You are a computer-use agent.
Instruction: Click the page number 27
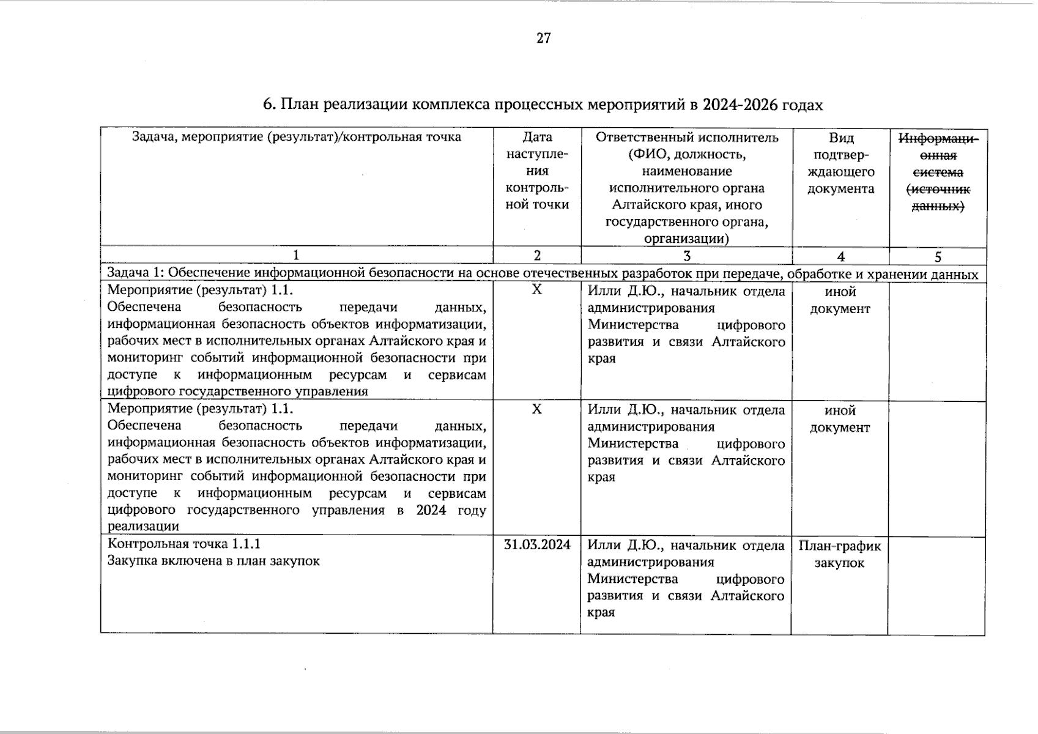tap(543, 39)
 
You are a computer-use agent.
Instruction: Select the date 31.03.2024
tap(536, 544)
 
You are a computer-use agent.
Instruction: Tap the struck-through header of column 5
tap(937, 172)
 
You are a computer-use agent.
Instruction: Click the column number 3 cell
tap(686, 256)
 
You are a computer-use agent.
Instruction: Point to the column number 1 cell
tap(297, 256)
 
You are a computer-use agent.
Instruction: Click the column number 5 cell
tap(938, 257)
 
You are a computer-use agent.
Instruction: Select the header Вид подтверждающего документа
tap(840, 163)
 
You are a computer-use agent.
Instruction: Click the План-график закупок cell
tap(839, 554)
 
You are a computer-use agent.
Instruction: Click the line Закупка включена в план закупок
tap(213, 560)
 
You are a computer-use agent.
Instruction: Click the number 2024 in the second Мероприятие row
tap(431, 510)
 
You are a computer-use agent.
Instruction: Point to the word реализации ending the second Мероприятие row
tap(143, 526)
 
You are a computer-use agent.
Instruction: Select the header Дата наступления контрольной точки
tap(537, 171)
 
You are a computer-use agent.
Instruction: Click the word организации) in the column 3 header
tap(686, 239)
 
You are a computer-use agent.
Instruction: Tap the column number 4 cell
tap(840, 257)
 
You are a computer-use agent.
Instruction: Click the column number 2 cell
tap(537, 256)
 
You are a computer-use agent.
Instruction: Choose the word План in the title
tap(299, 105)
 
